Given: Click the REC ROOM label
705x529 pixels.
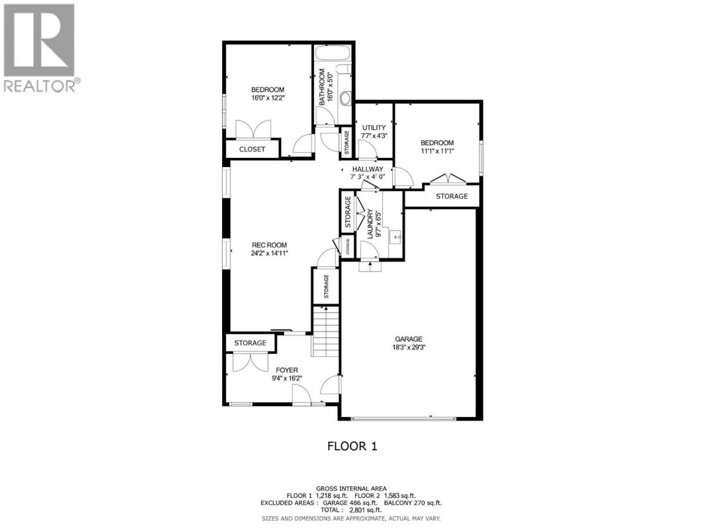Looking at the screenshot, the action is coord(269,245).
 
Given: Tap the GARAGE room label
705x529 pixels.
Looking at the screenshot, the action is coord(409,339).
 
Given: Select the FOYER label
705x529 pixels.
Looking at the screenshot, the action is coord(287,370).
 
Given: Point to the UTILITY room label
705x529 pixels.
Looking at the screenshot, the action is coord(374,128).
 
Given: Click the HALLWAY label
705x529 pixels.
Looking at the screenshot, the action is coord(368,169).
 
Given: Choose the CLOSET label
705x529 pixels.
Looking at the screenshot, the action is coord(252,149).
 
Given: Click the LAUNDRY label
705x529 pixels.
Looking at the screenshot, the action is coord(370,223).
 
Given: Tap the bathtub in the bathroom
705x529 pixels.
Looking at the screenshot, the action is coord(332,53).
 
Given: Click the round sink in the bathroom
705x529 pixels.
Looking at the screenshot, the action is coord(346,98).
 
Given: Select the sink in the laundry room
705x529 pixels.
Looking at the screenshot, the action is coord(396,237).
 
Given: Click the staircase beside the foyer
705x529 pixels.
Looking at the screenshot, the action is coord(326,331).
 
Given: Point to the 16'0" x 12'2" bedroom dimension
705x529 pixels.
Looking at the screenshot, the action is coord(268,97).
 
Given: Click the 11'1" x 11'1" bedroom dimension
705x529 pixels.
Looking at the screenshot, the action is coord(437,151).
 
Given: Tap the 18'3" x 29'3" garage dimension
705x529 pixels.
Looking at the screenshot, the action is coord(409,347).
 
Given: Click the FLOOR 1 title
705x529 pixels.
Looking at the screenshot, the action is coord(352,446).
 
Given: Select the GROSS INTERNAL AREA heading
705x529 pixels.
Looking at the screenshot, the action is coord(351,489).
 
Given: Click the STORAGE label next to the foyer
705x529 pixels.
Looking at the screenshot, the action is coord(250,343).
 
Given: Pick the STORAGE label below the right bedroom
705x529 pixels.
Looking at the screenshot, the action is coord(452,196).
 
